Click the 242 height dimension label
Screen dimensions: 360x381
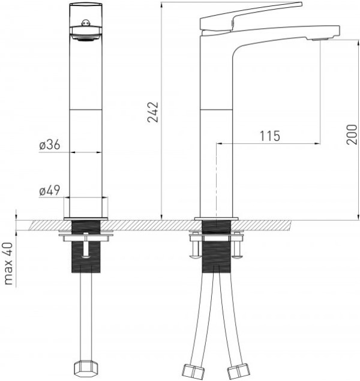pos(153,112)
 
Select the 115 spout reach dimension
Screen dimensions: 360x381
pos(270,136)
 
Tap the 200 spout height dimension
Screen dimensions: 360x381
pos(352,134)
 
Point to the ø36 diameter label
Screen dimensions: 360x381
pos(50,145)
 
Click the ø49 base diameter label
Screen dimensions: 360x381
pos(50,190)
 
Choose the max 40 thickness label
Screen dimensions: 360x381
pos(8,263)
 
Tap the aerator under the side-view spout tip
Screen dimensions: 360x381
pos(320,39)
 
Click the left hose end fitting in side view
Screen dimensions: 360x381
pos(193,371)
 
